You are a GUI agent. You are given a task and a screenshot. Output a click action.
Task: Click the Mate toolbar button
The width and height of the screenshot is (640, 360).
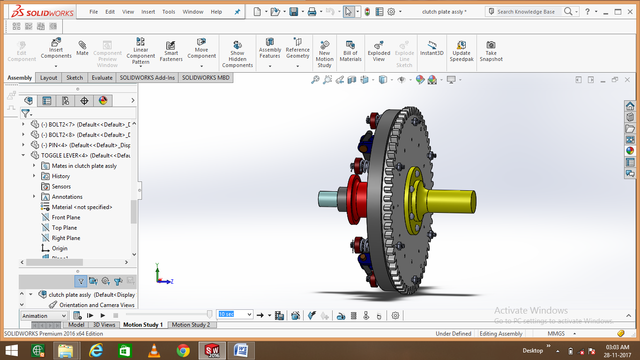point(82,48)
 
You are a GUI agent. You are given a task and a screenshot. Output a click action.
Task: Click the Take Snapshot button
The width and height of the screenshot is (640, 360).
point(491,51)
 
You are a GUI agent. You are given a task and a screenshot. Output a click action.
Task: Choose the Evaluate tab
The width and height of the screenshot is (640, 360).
point(102,78)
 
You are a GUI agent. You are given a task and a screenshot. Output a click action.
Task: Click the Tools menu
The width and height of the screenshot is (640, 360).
point(169,12)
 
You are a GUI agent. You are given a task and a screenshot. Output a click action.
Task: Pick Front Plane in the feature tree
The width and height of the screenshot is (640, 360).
point(66,217)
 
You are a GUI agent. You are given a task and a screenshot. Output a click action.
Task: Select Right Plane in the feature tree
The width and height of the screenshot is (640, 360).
point(66,238)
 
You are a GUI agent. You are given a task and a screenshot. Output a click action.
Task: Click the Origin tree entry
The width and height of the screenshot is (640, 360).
point(60,248)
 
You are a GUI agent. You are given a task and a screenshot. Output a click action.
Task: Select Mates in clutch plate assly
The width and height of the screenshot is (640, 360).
point(84,166)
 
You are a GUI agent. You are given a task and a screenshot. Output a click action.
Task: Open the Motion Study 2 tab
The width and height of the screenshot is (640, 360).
point(191,325)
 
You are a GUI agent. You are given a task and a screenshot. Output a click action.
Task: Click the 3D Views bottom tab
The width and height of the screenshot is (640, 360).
point(104,325)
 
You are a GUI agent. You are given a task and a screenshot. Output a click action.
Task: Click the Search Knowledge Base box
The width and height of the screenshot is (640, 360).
point(526,12)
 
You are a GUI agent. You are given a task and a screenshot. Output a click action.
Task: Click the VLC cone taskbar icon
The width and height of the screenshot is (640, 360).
point(153,350)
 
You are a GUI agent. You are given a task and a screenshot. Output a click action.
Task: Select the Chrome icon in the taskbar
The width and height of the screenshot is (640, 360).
point(183,350)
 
